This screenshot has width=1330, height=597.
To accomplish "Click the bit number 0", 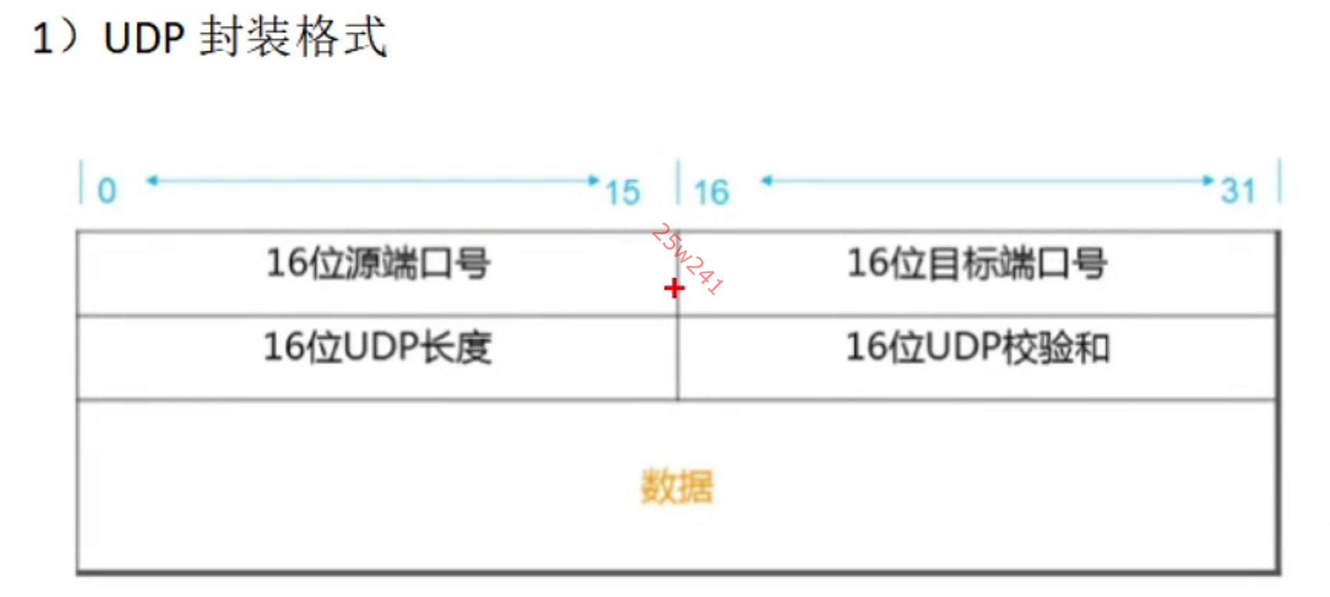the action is (x=107, y=191).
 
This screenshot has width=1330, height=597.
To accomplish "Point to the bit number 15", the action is (x=622, y=192).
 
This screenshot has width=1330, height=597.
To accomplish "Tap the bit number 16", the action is (x=711, y=192).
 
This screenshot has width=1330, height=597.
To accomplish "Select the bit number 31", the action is (x=1238, y=191).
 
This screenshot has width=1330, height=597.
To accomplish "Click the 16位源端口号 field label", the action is (x=378, y=263).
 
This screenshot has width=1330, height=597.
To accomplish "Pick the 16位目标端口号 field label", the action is (x=977, y=263).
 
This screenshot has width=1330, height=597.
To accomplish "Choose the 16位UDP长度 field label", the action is (x=378, y=347).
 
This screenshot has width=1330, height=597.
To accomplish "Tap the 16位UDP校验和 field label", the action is (x=977, y=347).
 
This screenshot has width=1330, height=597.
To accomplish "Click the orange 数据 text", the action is (x=677, y=487).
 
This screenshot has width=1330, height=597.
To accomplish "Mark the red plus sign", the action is (x=674, y=288).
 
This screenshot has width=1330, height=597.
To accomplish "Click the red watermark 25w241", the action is (x=688, y=259).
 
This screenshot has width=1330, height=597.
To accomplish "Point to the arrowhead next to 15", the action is (x=593, y=181).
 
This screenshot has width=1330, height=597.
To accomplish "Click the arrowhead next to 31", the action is (x=1208, y=181).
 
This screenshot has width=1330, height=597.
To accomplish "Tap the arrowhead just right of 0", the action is (x=152, y=181).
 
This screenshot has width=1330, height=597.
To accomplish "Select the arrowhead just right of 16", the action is (x=767, y=181).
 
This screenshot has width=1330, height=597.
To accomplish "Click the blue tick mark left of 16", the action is (x=678, y=182).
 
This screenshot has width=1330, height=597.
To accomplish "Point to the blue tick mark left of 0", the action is (x=81, y=182).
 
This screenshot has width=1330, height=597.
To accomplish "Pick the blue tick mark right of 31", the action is (x=1279, y=181).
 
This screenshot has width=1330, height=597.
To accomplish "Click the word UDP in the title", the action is (x=144, y=38).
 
